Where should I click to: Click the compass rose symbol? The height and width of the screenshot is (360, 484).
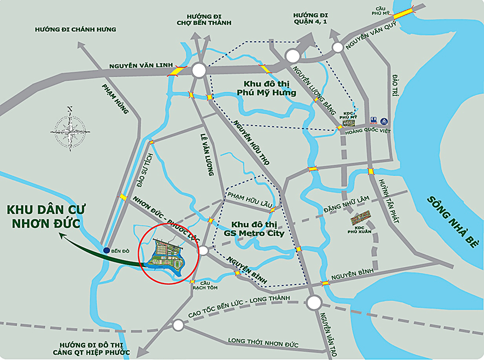[x=70, y=127]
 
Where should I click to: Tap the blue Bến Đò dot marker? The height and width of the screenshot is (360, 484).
[x=106, y=250]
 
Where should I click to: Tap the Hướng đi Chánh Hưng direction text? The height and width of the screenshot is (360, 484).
[x=76, y=30]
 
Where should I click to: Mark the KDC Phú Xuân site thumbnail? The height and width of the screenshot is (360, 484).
[x=362, y=218]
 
